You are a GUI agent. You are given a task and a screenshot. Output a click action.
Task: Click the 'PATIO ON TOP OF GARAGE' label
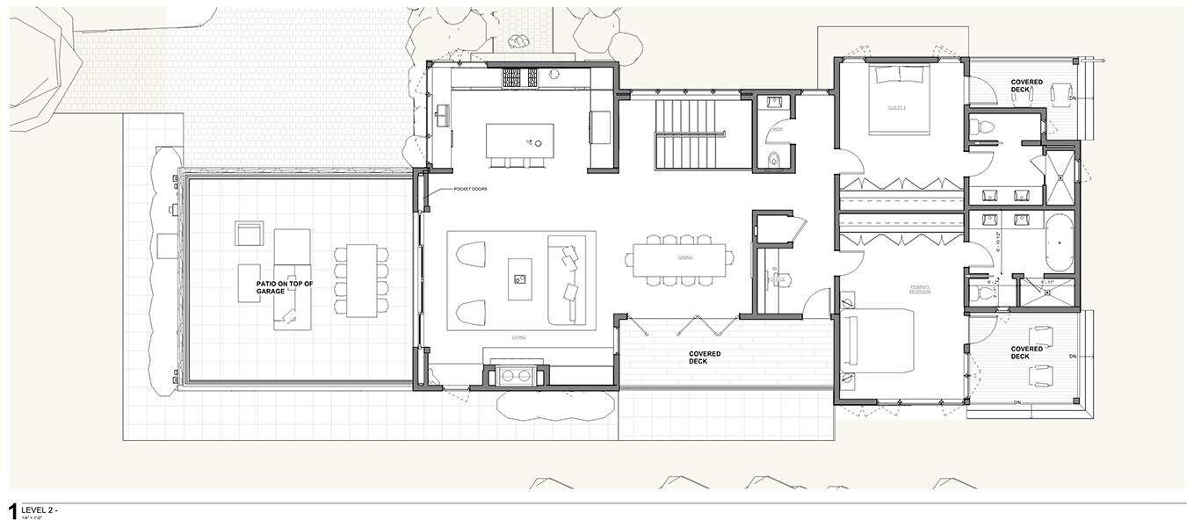pos(284,287)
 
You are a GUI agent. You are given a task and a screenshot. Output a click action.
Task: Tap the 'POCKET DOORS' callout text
pos(470,189)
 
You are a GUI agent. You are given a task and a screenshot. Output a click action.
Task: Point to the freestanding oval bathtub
pos(1058,242)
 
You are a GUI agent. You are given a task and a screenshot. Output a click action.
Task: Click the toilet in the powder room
pos(774,159)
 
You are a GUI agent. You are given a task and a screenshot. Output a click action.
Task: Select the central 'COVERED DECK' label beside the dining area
pos(704,357)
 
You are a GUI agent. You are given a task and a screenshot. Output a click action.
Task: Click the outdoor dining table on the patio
pos(360,281)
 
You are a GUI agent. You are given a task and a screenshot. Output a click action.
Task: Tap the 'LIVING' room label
pos(519,336)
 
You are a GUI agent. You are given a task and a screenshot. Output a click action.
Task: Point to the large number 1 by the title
pos(13,512)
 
